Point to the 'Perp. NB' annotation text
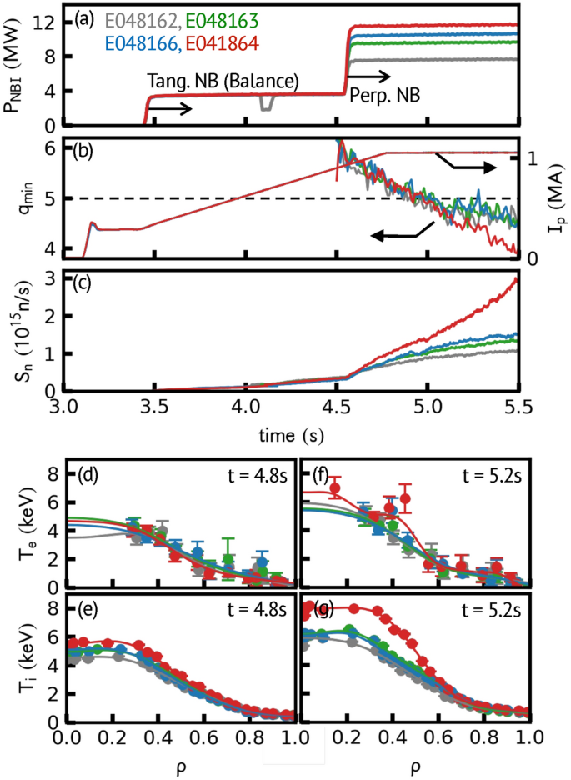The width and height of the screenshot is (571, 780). point(384,96)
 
